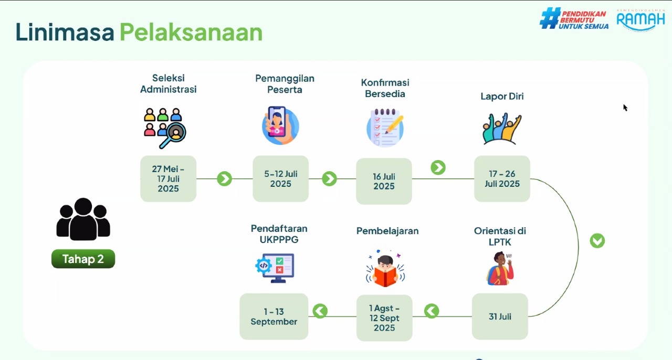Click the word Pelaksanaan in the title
(191, 32)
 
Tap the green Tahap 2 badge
(83, 259)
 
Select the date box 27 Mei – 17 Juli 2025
(169, 178)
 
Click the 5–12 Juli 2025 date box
(280, 178)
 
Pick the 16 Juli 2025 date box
(384, 181)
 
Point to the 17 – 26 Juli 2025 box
(502, 178)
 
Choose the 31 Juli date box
(500, 316)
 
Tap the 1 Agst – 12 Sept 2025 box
(384, 317)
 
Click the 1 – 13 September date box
(274, 316)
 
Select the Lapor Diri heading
(502, 97)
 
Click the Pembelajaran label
(387, 231)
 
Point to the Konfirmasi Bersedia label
(385, 88)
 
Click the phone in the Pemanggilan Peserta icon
(277, 122)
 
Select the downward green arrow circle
(597, 240)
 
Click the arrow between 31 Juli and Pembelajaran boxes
(432, 311)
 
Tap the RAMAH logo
(641, 20)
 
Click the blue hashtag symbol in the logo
(550, 18)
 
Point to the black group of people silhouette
(83, 219)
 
